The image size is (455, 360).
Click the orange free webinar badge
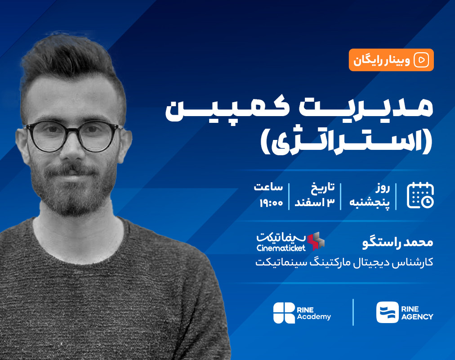click(x=391, y=60)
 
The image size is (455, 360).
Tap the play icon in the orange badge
click(x=422, y=60)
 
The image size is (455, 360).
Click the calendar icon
click(x=420, y=195)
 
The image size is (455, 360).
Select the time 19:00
click(x=271, y=203)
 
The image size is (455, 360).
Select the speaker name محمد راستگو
click(x=397, y=242)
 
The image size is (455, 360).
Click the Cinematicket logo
click(x=290, y=241)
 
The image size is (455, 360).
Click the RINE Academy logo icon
click(x=284, y=312)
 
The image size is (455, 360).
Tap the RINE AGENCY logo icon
click(x=387, y=312)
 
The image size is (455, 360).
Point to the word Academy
click(x=314, y=317)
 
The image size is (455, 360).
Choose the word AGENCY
click(x=416, y=317)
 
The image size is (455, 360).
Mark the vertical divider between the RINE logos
click(x=353, y=312)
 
